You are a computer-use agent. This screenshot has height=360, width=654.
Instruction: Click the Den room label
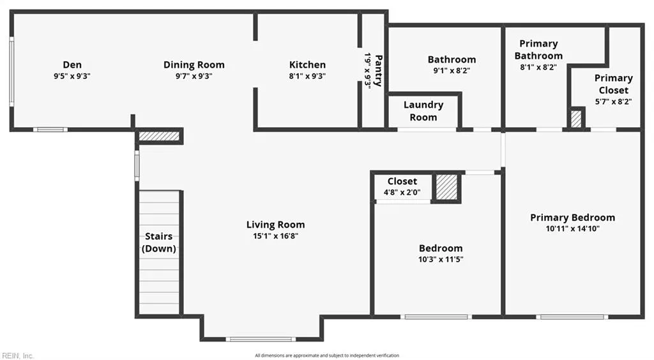[x=72, y=64]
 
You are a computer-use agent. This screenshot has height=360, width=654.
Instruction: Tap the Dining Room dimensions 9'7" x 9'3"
[x=194, y=75]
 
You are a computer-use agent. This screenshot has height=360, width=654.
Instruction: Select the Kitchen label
[x=307, y=64]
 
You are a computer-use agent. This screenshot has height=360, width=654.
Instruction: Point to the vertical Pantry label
[x=378, y=70]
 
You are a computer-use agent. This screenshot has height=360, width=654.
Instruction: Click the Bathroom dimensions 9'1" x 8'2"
[x=452, y=71]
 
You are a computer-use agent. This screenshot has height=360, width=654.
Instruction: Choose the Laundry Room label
[x=423, y=111]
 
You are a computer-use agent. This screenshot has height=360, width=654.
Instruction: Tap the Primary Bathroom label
[x=538, y=49]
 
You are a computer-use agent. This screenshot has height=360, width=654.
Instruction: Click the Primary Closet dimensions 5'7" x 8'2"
[x=613, y=101]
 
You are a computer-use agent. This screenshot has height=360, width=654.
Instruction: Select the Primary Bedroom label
[x=572, y=218]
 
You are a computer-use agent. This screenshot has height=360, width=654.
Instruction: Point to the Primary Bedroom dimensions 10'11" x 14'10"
[x=572, y=229]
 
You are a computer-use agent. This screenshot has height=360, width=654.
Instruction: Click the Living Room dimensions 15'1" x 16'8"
[x=275, y=236]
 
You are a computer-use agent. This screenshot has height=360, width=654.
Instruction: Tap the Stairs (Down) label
[x=158, y=243]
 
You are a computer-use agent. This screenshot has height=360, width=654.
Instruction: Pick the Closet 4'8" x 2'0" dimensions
[x=402, y=191]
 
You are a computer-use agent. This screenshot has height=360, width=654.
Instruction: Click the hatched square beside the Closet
[x=446, y=186]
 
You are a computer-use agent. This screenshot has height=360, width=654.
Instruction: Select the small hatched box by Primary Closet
[x=577, y=119]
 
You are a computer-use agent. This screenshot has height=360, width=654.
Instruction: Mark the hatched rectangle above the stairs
[x=159, y=136]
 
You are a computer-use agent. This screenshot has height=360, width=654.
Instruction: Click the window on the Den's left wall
[x=11, y=70]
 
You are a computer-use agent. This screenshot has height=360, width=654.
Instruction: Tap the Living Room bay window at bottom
[x=261, y=339]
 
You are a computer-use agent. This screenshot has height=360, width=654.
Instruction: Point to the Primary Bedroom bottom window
[x=571, y=317]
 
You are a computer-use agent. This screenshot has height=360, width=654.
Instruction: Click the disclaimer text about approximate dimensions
[x=326, y=356]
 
